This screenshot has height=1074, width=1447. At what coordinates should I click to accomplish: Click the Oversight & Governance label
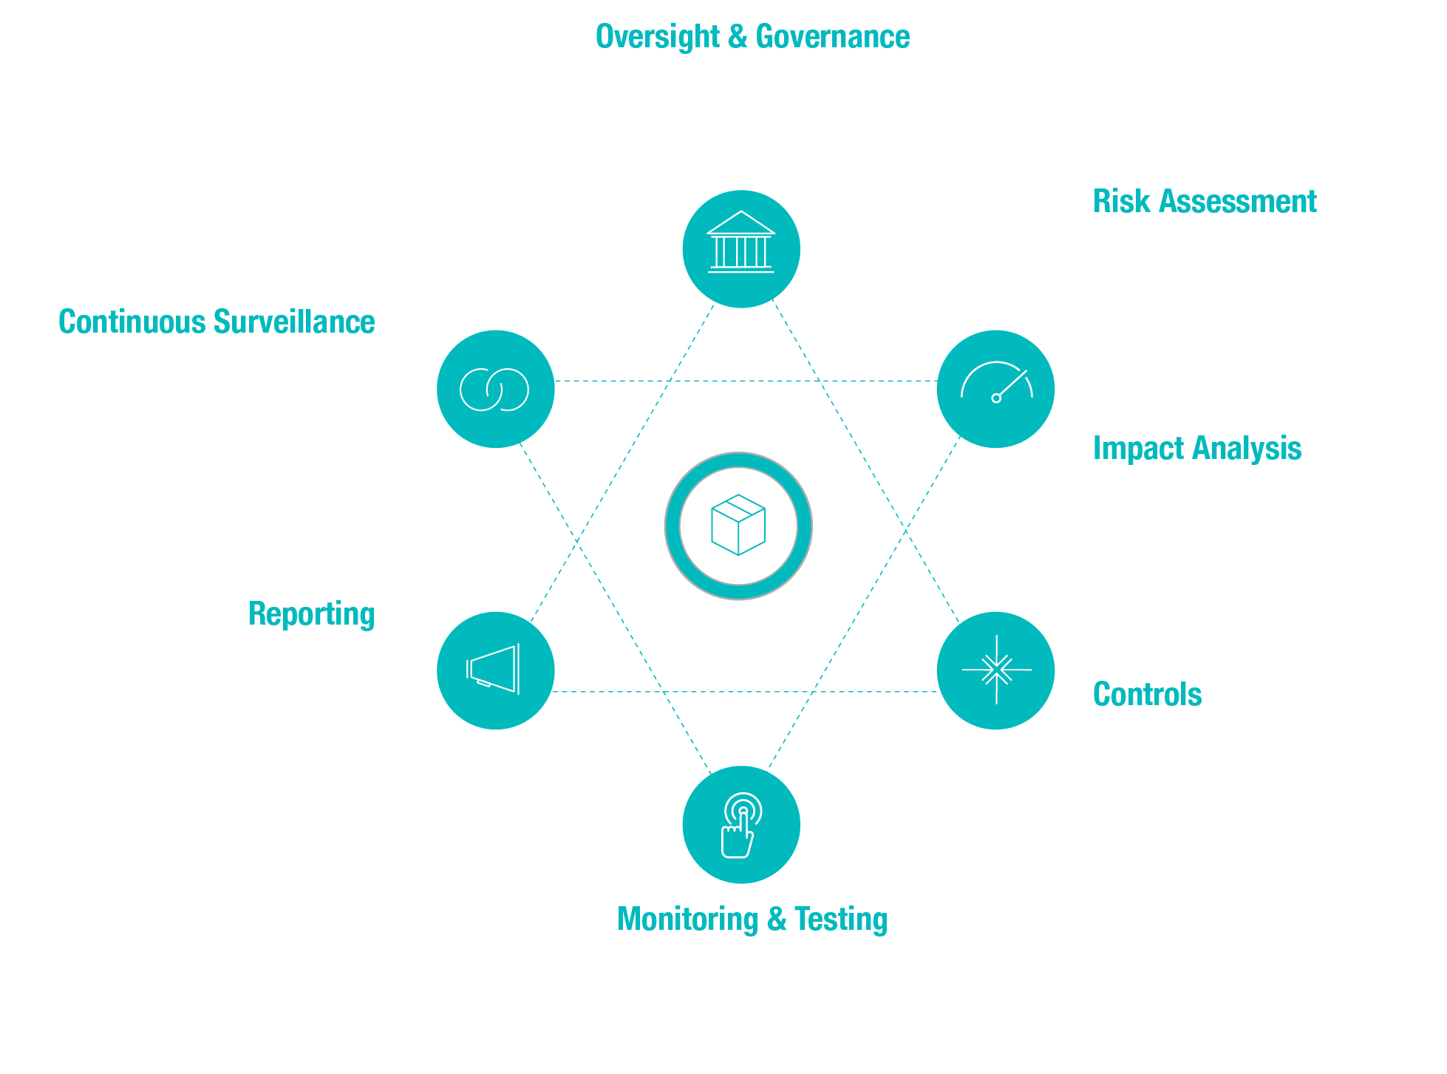click(x=752, y=37)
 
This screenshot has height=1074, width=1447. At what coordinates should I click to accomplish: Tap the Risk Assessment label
click(x=1205, y=202)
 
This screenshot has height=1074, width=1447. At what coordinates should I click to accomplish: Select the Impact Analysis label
click(x=1196, y=449)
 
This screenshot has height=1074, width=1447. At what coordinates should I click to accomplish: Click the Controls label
click(x=1147, y=695)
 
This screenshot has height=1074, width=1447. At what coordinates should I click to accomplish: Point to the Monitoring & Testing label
click(x=752, y=920)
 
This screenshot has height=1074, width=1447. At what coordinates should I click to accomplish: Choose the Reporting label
click(x=311, y=614)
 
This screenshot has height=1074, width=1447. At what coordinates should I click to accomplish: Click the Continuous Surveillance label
click(x=217, y=322)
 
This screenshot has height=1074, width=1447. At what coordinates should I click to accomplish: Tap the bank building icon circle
click(x=740, y=249)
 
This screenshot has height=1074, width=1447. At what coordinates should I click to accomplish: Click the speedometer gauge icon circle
click(x=995, y=389)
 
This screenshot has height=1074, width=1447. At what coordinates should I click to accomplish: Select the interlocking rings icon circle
click(x=495, y=389)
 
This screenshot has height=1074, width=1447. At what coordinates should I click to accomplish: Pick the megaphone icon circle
click(x=495, y=670)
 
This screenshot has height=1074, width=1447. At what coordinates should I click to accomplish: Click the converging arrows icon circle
click(x=995, y=670)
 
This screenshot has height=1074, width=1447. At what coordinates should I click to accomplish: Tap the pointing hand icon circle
click(x=740, y=825)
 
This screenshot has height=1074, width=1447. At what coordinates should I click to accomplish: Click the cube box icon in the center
click(x=738, y=526)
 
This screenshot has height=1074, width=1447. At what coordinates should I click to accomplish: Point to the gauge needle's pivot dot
click(x=996, y=398)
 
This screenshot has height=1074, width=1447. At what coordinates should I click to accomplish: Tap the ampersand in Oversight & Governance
click(x=738, y=37)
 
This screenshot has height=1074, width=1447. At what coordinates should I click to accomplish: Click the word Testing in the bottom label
click(x=841, y=920)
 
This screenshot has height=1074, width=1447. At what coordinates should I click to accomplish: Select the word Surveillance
click(x=294, y=322)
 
